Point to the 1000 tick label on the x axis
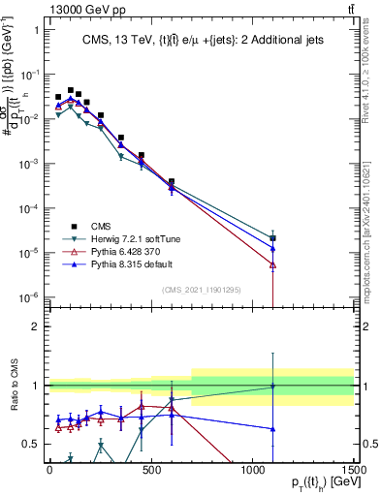(253, 470)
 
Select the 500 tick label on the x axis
(151, 470)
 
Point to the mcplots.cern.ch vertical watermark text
(370, 232)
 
